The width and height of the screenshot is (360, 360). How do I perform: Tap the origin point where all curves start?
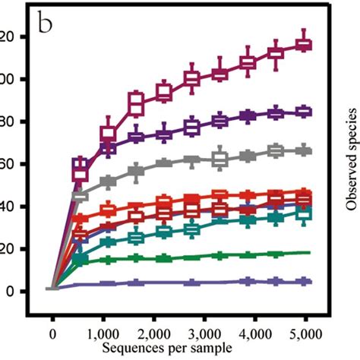click(52, 288)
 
